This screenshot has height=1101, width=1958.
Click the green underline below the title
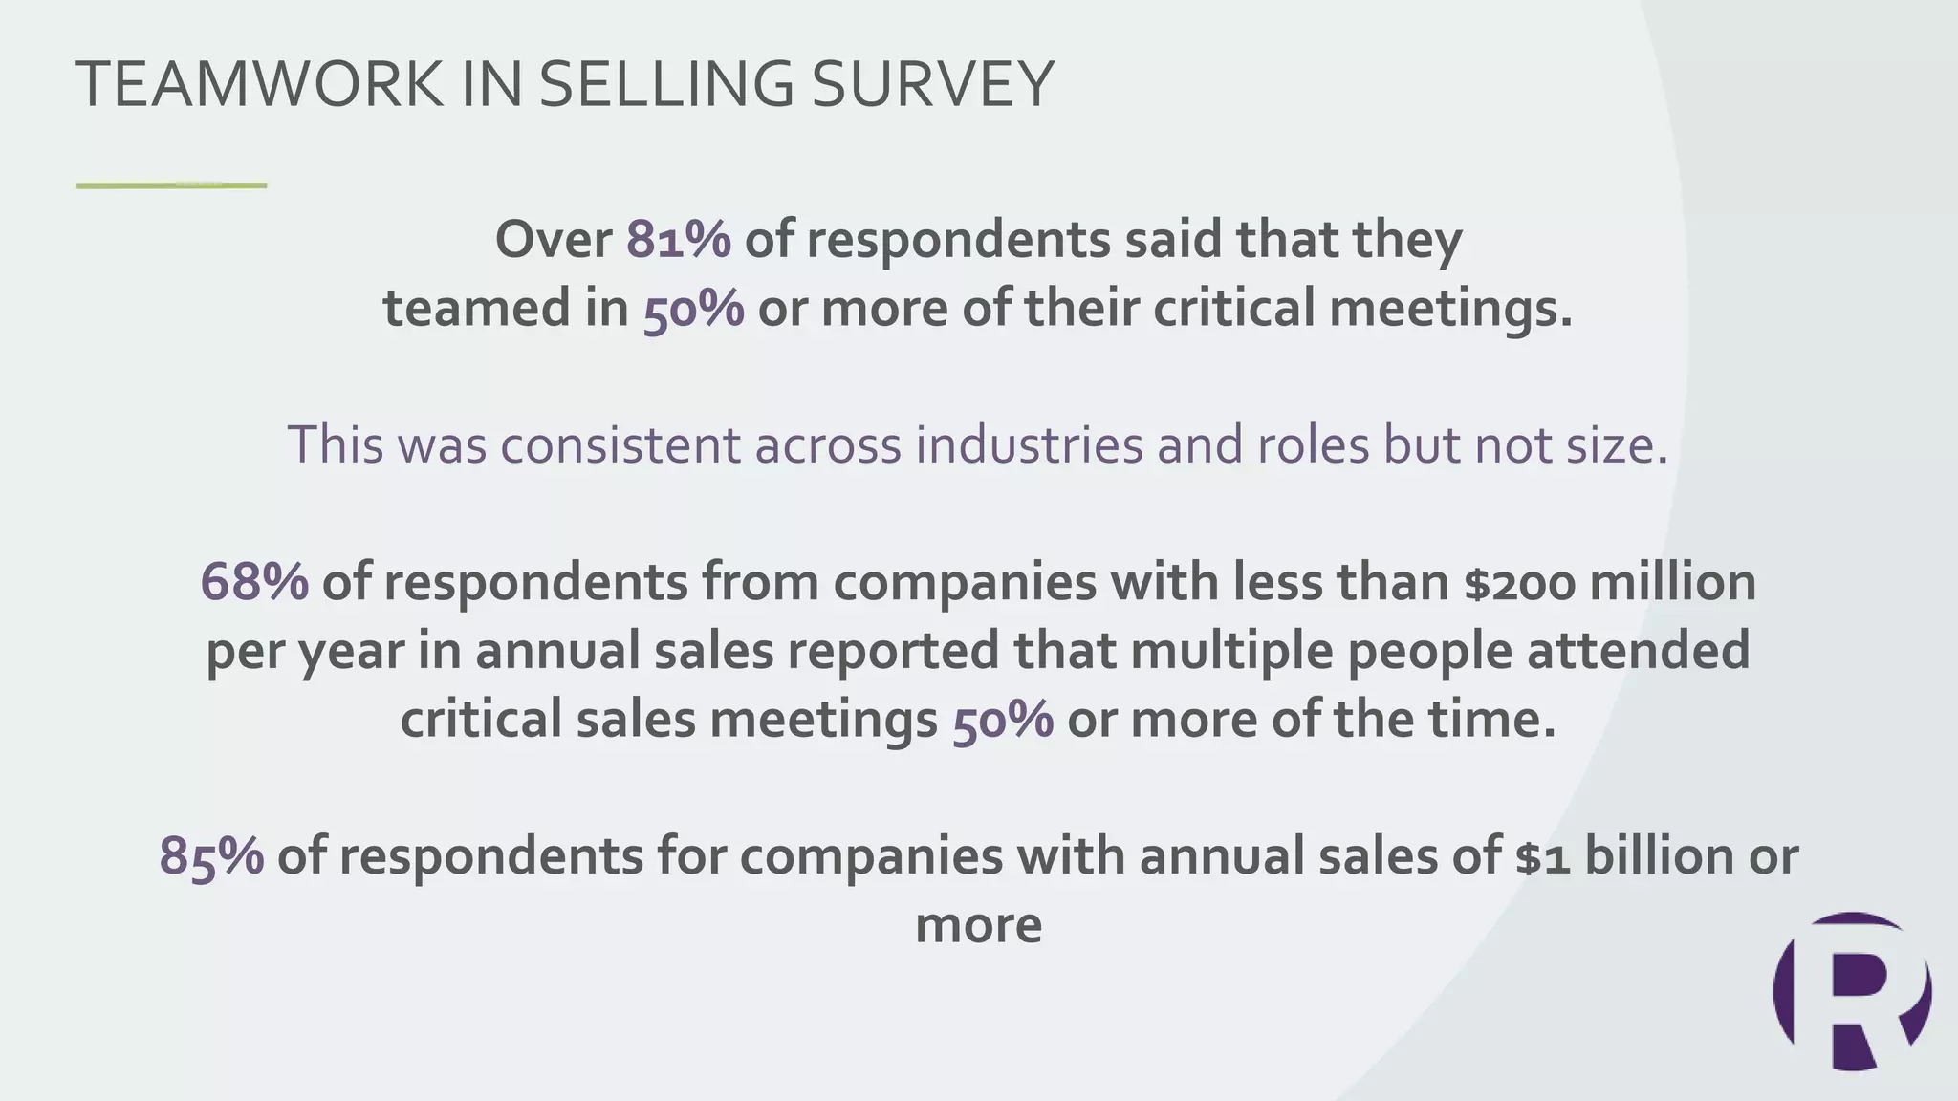tap(171, 185)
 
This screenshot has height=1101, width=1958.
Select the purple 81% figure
tap(679, 239)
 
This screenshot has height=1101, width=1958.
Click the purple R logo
tap(1852, 991)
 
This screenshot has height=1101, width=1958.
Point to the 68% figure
tap(254, 582)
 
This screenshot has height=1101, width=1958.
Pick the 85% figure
tap(211, 855)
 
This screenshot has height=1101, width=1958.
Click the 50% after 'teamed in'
tap(693, 309)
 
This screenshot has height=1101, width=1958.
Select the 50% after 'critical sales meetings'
tap(1003, 720)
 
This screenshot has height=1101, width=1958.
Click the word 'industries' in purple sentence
tap(1028, 444)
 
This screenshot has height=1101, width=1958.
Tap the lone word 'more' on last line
tap(978, 925)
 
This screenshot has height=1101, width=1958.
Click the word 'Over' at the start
tap(554, 239)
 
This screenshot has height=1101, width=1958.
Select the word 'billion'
tap(1660, 855)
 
